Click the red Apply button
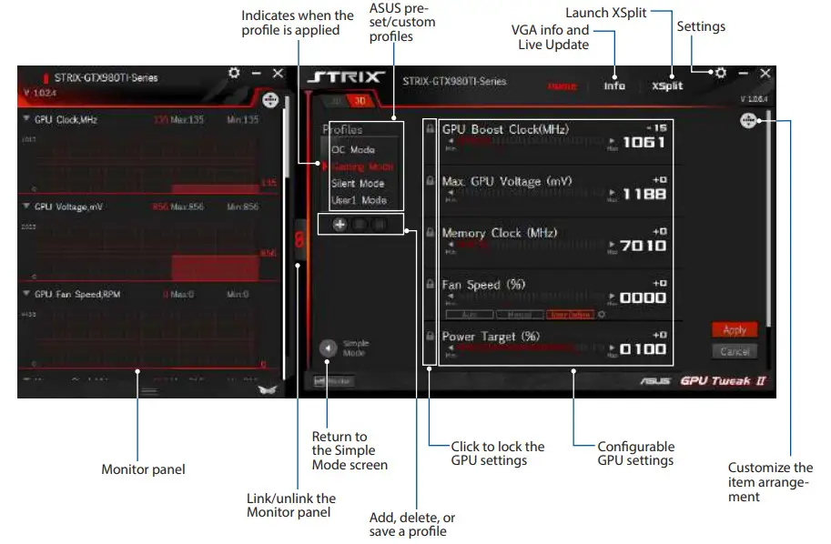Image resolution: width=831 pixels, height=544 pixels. click(734, 330)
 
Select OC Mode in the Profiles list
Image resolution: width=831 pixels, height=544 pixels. click(352, 150)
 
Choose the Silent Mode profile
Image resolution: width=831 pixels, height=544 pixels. click(357, 184)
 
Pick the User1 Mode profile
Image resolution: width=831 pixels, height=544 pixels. click(358, 200)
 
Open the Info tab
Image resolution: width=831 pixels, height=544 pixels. click(614, 86)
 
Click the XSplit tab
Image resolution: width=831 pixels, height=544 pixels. click(667, 86)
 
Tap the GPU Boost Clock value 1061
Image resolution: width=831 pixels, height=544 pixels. click(644, 142)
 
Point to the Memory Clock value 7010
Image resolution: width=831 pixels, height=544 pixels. click(644, 246)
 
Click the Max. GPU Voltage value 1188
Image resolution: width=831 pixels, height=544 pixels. click(644, 194)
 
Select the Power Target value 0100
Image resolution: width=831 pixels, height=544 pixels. click(644, 349)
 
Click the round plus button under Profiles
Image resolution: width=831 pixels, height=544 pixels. click(339, 224)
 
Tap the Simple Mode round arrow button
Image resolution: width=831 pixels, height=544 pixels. click(328, 348)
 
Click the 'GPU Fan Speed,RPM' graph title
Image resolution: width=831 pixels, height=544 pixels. click(77, 295)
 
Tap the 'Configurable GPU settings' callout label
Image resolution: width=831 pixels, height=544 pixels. click(635, 453)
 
